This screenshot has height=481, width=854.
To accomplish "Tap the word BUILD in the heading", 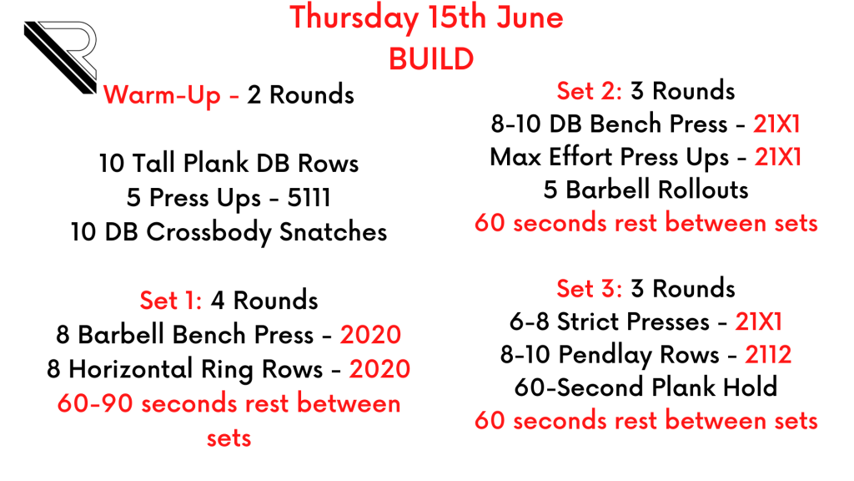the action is pyautogui.click(x=431, y=59).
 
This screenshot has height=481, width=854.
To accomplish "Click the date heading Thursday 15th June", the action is pyautogui.click(x=426, y=18).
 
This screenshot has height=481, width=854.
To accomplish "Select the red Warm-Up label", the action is pyautogui.click(x=162, y=95).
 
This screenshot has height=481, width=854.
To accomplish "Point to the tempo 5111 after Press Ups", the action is pyautogui.click(x=309, y=197).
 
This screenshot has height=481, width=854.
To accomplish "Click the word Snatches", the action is pyautogui.click(x=334, y=232).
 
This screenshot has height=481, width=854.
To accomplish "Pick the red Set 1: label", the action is pyautogui.click(x=171, y=301).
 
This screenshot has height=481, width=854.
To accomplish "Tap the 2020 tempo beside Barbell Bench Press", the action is pyautogui.click(x=371, y=335).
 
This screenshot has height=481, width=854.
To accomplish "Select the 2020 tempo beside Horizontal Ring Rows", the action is pyautogui.click(x=379, y=369).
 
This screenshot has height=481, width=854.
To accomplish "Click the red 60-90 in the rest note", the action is pyautogui.click(x=95, y=403).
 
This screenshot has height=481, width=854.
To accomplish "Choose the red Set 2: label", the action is pyautogui.click(x=590, y=91).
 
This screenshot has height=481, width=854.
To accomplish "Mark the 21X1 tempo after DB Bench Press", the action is pyautogui.click(x=776, y=124).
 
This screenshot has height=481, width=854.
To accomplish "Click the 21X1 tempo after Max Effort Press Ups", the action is pyautogui.click(x=778, y=158).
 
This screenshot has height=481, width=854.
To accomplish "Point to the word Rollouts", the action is pyautogui.click(x=703, y=190).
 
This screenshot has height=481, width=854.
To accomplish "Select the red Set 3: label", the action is pyautogui.click(x=590, y=288).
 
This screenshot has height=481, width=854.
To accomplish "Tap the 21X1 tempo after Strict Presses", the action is pyautogui.click(x=759, y=322).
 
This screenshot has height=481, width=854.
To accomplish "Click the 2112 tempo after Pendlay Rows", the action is pyautogui.click(x=768, y=354).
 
